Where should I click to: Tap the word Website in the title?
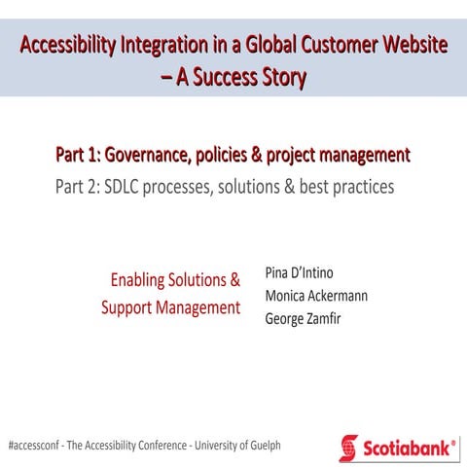pos(413,46)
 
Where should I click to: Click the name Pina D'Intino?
pos(299,272)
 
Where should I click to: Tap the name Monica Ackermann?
pos(316,296)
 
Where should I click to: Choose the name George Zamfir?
pos(304,319)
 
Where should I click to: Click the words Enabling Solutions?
pos(175,280)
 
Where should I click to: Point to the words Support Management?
pos(170,308)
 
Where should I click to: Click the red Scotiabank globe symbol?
pos(348,448)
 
